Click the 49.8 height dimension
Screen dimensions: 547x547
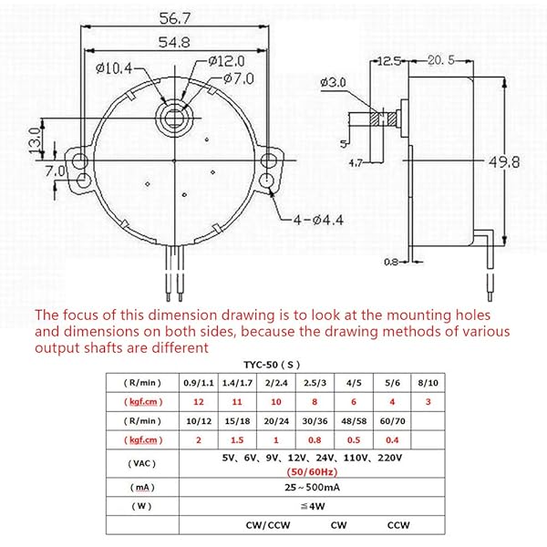[x=520, y=162]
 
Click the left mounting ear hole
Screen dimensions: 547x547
[x=81, y=162]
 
